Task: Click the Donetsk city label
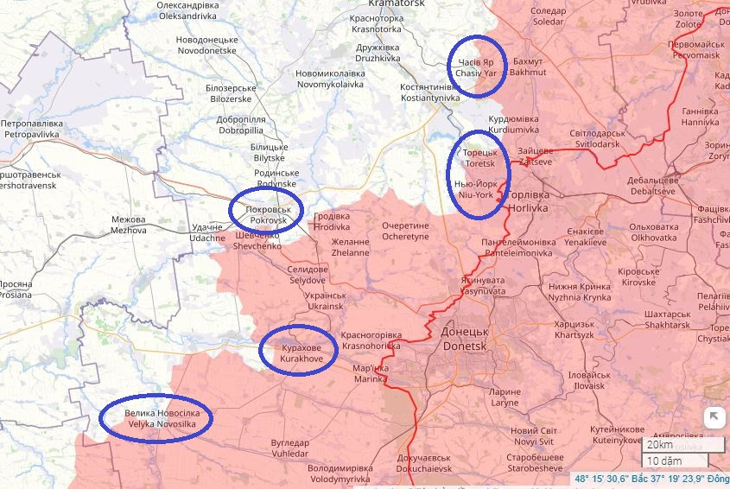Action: [x=465, y=338]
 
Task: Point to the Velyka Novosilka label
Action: [x=156, y=418]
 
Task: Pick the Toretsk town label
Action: [x=481, y=158]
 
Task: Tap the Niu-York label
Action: [x=474, y=190]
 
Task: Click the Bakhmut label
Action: [x=529, y=67]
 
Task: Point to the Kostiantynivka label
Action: [x=430, y=93]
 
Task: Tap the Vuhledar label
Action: [x=289, y=448]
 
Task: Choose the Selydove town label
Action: [x=308, y=276]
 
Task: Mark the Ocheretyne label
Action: [x=405, y=231]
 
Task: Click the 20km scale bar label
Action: [x=660, y=444]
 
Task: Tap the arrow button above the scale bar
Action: [x=714, y=417]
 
